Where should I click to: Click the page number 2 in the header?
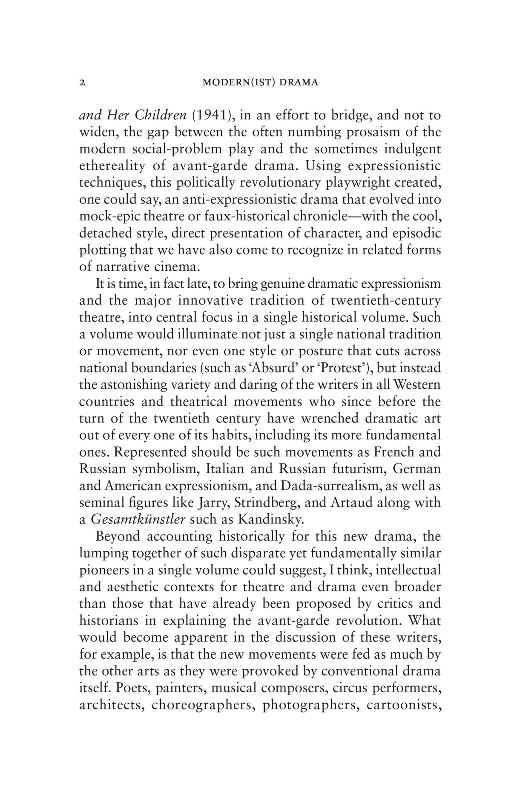coord(83,83)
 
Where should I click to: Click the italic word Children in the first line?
coord(161,115)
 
